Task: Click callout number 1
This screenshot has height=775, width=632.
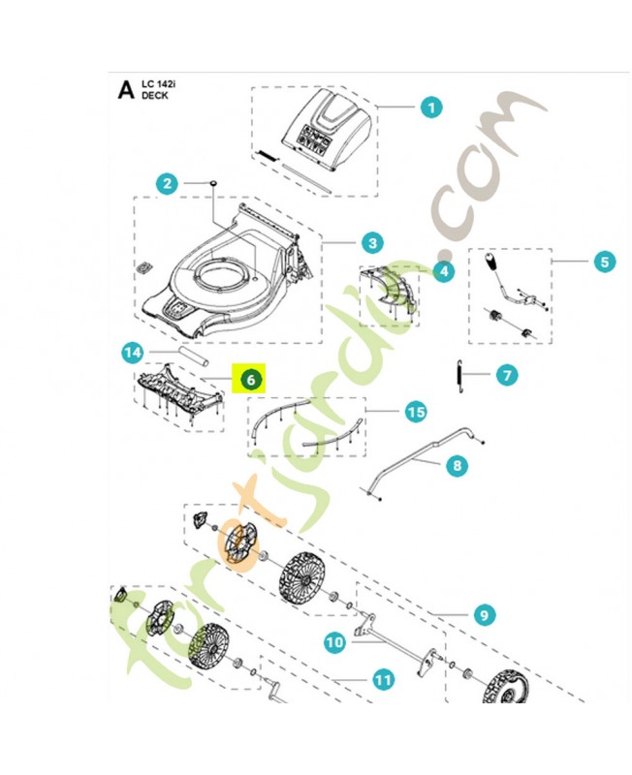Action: pos(431,108)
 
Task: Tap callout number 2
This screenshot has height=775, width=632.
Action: pos(168,182)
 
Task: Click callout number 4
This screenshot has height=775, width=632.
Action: pos(443,272)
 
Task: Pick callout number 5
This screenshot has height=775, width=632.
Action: pos(603,261)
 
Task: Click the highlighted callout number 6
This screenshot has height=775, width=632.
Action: pos(250,380)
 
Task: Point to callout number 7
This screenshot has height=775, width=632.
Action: pos(504,373)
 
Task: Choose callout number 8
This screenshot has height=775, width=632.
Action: pos(456,466)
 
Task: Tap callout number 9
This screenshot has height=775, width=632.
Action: pos(484,614)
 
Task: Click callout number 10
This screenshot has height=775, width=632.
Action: pos(333,641)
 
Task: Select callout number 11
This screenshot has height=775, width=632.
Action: pos(384,680)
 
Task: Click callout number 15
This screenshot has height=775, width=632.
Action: pos(415,413)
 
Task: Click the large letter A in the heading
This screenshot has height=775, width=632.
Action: pos(125,90)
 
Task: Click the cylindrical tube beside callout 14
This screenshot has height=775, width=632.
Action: pos(191,355)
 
